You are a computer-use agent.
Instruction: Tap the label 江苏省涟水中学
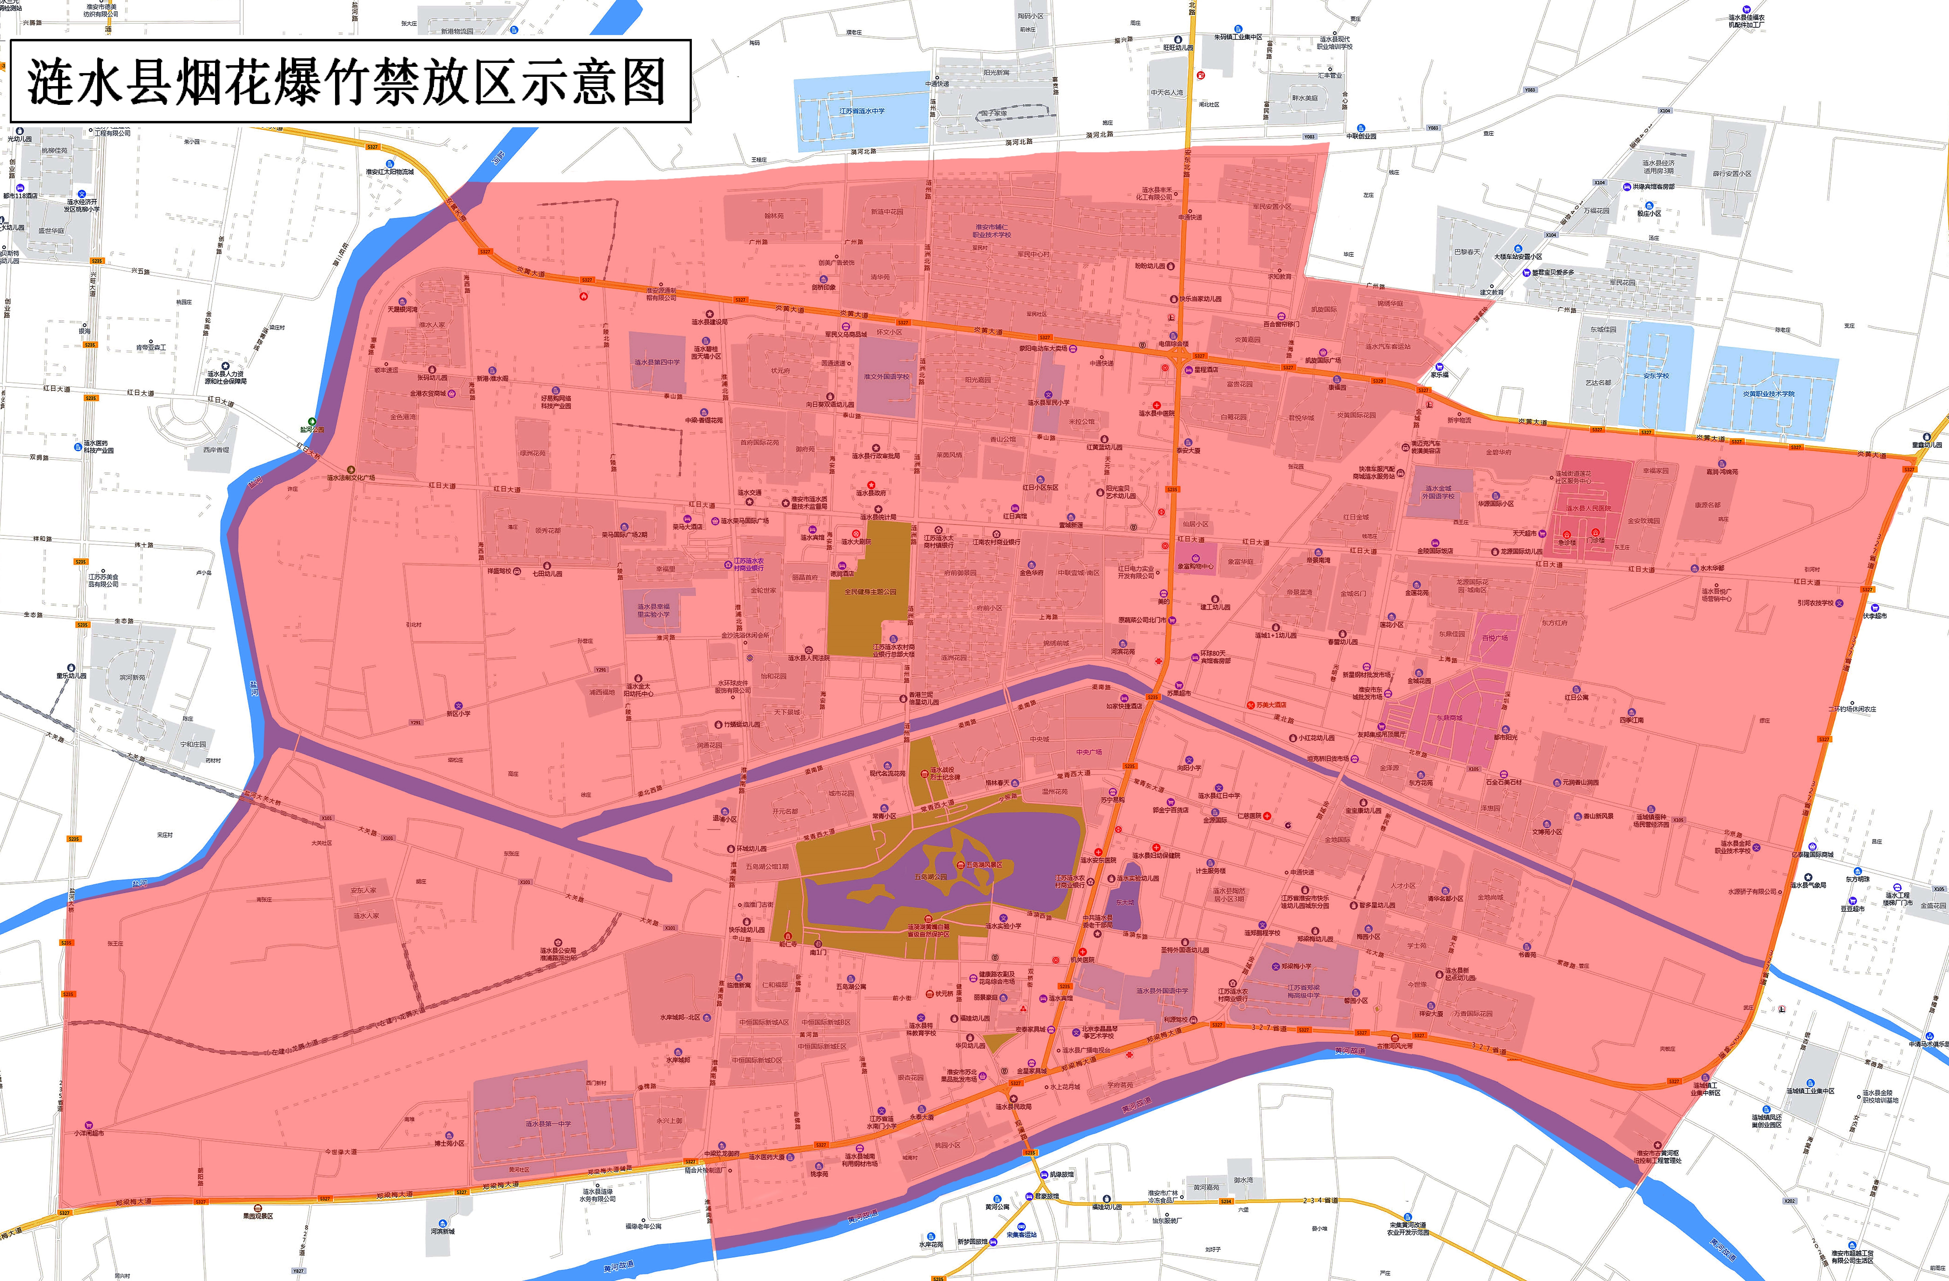(x=861, y=111)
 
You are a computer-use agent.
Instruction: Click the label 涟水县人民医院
(x=1589, y=508)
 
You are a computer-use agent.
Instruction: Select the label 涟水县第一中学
(x=549, y=1124)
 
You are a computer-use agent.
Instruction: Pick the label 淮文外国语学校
(x=886, y=377)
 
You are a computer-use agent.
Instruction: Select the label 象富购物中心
(x=1196, y=565)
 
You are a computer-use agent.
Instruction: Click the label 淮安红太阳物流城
(x=390, y=171)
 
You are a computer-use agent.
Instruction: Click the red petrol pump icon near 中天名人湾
(x=1201, y=75)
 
